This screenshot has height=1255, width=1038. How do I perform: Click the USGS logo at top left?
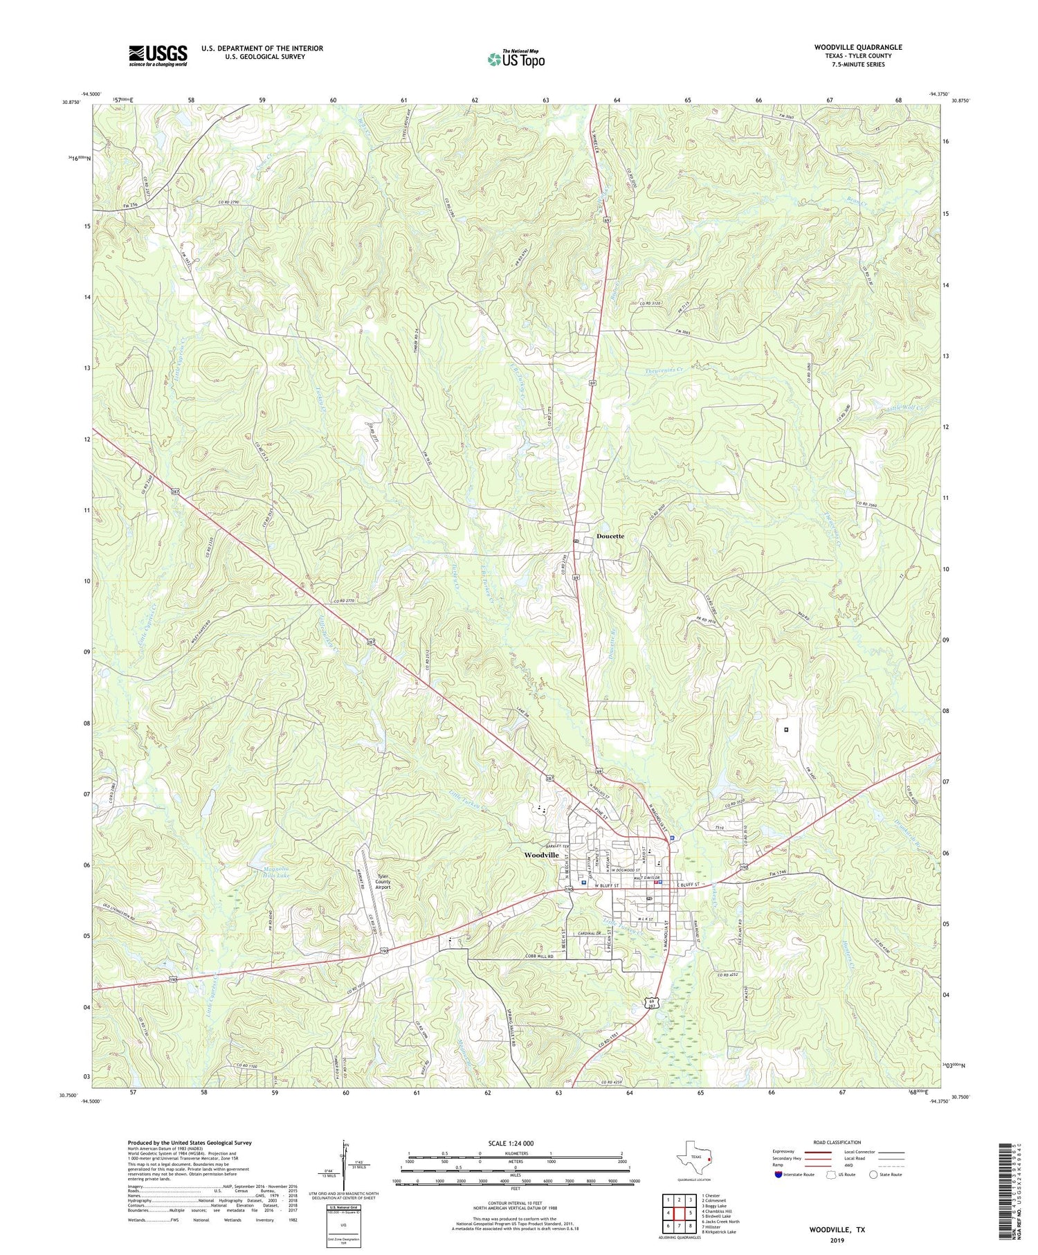click(157, 55)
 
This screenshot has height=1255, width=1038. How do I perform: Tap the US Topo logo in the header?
click(516, 59)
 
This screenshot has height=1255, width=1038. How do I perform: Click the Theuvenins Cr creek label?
click(659, 370)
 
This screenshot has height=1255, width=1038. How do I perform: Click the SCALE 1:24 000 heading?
click(515, 1143)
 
